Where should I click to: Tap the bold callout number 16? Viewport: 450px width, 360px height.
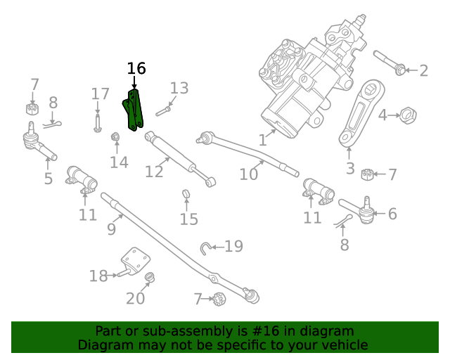point(136,68)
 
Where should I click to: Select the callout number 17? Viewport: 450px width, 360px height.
point(101,94)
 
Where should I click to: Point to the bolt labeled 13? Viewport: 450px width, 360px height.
point(163,110)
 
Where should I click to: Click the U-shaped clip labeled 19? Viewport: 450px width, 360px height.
point(205,247)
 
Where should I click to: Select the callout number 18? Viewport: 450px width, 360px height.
point(98,276)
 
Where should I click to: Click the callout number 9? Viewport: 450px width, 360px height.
point(111,229)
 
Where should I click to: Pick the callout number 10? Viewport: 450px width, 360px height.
point(248,173)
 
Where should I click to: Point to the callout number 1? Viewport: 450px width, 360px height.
point(262,140)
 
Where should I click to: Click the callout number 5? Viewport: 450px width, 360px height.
point(48,179)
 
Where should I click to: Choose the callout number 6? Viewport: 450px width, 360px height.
point(392,214)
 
